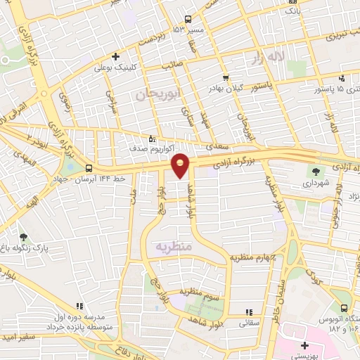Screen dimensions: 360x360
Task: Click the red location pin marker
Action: coord(181,165)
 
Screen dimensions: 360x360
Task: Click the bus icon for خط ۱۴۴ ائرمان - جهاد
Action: coord(89,168)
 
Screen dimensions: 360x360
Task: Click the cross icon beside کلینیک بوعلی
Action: coord(116,56)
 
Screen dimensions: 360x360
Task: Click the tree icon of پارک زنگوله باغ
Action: coord(25,238)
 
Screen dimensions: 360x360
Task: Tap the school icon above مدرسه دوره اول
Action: coord(79,306)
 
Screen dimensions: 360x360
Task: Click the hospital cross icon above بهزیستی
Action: coord(304,345)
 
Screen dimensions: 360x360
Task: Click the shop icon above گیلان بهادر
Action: coord(225,77)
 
